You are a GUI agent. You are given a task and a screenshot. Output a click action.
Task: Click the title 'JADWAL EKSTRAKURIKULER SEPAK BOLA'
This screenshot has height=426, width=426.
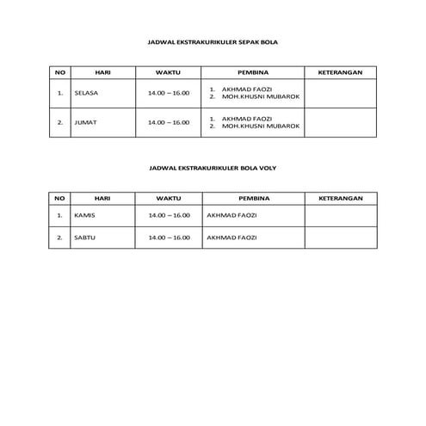click(213, 40)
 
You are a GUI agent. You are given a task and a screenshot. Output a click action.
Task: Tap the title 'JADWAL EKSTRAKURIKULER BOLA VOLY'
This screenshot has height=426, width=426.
click(213, 170)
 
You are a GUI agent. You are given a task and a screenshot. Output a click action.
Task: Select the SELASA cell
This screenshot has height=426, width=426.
click(88, 93)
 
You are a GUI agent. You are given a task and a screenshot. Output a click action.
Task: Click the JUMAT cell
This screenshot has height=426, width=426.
click(86, 122)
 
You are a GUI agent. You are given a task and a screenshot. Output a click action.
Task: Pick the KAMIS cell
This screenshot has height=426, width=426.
click(84, 215)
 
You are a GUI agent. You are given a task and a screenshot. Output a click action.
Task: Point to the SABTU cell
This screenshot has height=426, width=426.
click(84, 238)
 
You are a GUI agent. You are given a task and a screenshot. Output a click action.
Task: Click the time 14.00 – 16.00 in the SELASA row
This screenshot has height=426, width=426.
click(169, 93)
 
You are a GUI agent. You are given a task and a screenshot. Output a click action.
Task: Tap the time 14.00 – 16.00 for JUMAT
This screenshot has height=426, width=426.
click(169, 122)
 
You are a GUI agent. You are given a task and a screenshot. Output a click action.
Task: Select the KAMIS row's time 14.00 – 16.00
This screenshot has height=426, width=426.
click(169, 215)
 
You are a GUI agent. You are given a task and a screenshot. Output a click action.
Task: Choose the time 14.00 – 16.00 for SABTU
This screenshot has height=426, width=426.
click(169, 238)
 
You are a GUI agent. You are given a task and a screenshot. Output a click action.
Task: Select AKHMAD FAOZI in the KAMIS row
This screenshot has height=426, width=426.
click(232, 215)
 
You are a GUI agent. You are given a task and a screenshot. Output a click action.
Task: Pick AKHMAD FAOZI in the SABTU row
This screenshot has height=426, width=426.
click(232, 238)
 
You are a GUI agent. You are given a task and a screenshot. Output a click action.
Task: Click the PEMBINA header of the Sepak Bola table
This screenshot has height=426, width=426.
click(253, 72)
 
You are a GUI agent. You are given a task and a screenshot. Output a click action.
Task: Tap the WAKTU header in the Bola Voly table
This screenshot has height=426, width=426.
click(169, 198)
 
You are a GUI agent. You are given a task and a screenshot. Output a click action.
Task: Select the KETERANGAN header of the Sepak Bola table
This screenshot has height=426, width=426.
click(340, 72)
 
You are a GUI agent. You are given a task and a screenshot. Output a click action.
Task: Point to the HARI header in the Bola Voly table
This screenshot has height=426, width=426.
click(102, 198)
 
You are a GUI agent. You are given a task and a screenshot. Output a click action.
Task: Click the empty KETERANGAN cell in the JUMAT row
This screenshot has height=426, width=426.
click(341, 122)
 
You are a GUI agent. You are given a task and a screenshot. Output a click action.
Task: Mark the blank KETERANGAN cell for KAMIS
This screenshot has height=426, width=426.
click(341, 215)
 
